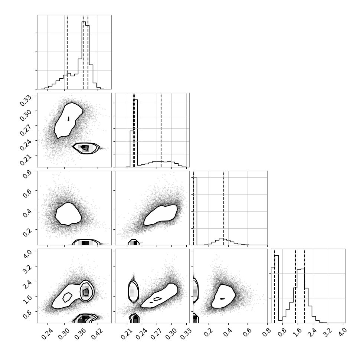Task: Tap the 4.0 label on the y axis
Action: (27, 253)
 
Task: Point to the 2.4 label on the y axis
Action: (27, 283)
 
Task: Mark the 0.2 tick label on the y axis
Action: (27, 232)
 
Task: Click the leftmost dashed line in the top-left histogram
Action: (67, 52)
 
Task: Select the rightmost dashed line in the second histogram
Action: (161, 130)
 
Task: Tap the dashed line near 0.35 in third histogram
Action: (224, 208)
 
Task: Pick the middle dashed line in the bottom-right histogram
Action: (295, 286)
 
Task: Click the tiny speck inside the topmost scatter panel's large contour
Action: (68, 119)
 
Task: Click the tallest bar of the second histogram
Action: (136, 132)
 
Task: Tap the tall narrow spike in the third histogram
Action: (195, 211)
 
